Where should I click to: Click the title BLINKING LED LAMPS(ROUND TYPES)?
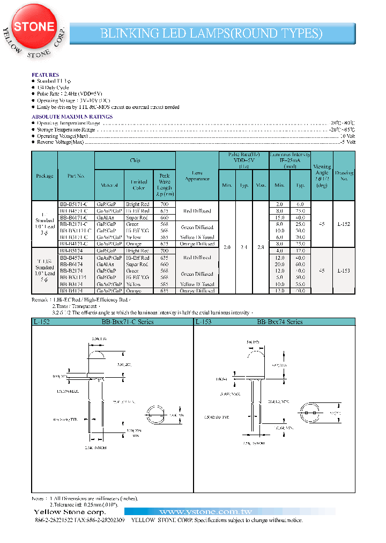[212, 33]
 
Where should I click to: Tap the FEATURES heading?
[45, 75]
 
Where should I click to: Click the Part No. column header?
[76, 175]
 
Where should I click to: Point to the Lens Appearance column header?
[197, 175]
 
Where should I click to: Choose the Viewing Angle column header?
[322, 175]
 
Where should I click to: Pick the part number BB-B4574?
[75, 258]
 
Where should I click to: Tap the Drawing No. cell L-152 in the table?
[344, 224]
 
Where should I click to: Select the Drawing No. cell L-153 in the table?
[344, 271]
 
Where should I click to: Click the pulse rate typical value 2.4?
[244, 247]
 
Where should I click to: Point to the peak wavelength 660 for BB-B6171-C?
[165, 217]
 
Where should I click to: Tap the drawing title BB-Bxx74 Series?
[279, 322]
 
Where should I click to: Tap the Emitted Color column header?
[139, 185]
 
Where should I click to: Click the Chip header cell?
[135, 160]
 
